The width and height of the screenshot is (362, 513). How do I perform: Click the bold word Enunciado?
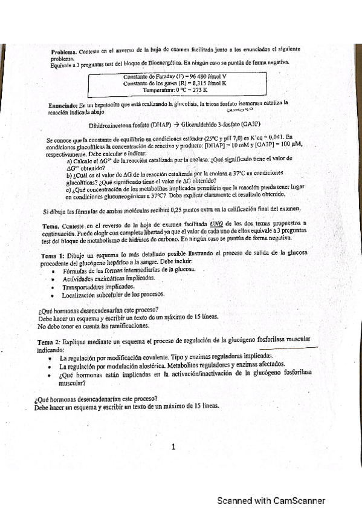(62, 106)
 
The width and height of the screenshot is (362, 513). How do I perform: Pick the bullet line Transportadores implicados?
(99, 286)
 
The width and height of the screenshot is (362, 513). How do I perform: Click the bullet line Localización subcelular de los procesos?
(113, 295)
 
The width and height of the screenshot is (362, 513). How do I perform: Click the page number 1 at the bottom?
(173, 448)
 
